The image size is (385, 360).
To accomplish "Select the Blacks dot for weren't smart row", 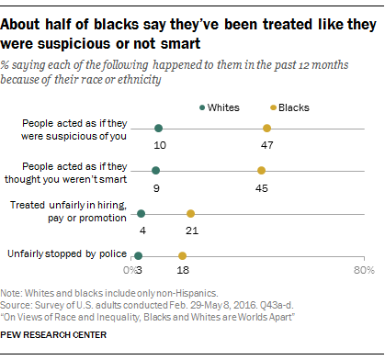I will click(x=261, y=171).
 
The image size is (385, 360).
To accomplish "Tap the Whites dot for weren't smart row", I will click(x=155, y=171).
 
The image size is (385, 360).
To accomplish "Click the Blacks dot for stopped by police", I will click(x=182, y=255).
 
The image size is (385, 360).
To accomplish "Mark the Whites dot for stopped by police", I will click(x=138, y=255).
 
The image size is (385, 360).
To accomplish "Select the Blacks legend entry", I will click(x=289, y=107).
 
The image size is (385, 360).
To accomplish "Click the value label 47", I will click(x=266, y=144).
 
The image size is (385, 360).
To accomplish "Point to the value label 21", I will click(x=191, y=229).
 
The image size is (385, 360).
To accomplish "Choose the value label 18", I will click(x=182, y=272).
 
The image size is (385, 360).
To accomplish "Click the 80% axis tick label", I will click(x=363, y=272).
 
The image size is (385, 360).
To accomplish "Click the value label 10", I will click(x=159, y=144).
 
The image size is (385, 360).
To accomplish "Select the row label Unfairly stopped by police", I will click(x=65, y=253).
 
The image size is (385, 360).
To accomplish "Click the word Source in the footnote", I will click(x=18, y=304).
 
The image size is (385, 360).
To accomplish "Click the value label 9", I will click(x=155, y=186).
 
